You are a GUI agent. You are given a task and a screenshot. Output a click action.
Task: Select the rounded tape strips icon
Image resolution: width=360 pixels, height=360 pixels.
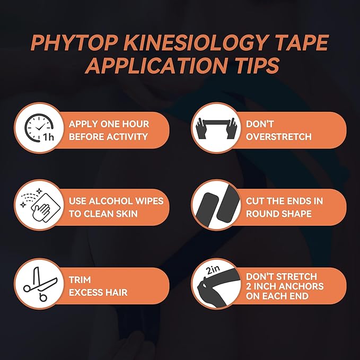pos(214,207)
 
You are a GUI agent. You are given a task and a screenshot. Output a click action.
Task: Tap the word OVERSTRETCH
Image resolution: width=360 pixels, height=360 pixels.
pos(278,136)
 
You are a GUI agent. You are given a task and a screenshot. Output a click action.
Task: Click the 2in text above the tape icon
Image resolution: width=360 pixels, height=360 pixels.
pos(213,270)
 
